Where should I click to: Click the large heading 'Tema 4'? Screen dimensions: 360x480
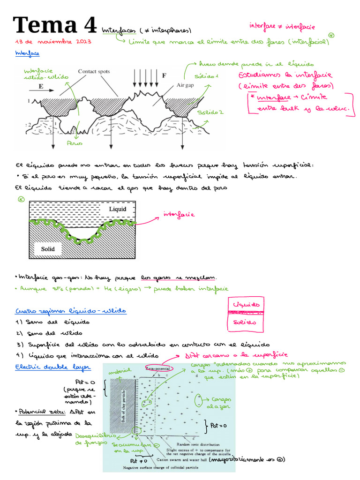pyautogui.click(x=55, y=26)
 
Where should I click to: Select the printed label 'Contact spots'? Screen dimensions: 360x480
pyautogui.click(x=94, y=71)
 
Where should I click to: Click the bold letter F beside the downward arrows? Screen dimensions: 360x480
pyautogui.click(x=164, y=75)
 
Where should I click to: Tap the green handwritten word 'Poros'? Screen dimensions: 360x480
pyautogui.click(x=75, y=143)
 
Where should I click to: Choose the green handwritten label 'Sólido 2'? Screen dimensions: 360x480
pyautogui.click(x=210, y=112)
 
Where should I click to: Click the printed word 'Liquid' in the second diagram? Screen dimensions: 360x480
pyautogui.click(x=117, y=209)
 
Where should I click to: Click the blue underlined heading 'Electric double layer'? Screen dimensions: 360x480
pyautogui.click(x=53, y=367)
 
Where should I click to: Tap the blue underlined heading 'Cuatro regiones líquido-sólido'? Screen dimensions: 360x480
pyautogui.click(x=71, y=311)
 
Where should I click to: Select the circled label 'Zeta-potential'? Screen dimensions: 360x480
pyautogui.click(x=159, y=368)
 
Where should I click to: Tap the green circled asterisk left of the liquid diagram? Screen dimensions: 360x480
pyautogui.click(x=21, y=199)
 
